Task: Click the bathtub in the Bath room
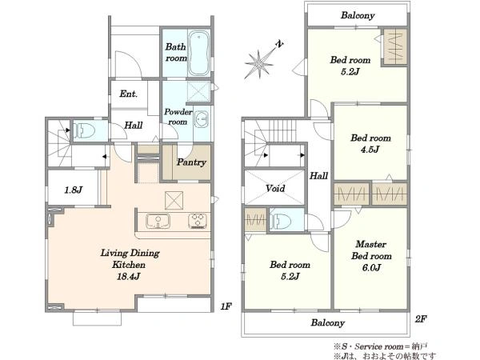click(x=198, y=53)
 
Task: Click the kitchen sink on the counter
click(x=158, y=221)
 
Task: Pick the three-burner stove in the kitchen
click(x=198, y=221)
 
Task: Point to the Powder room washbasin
click(x=202, y=119)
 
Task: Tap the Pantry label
click(x=191, y=162)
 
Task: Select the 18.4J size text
click(x=128, y=277)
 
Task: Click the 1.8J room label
click(x=73, y=190)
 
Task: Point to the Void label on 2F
click(x=275, y=188)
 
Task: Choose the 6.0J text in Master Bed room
click(x=371, y=268)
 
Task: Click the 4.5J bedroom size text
click(x=370, y=150)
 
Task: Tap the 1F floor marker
click(x=226, y=306)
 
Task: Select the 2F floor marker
click(x=421, y=319)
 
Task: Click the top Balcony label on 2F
click(x=358, y=15)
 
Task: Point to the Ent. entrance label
click(x=128, y=94)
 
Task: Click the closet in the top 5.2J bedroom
click(x=395, y=47)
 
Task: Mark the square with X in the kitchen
click(x=174, y=201)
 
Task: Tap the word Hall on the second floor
click(x=318, y=176)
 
